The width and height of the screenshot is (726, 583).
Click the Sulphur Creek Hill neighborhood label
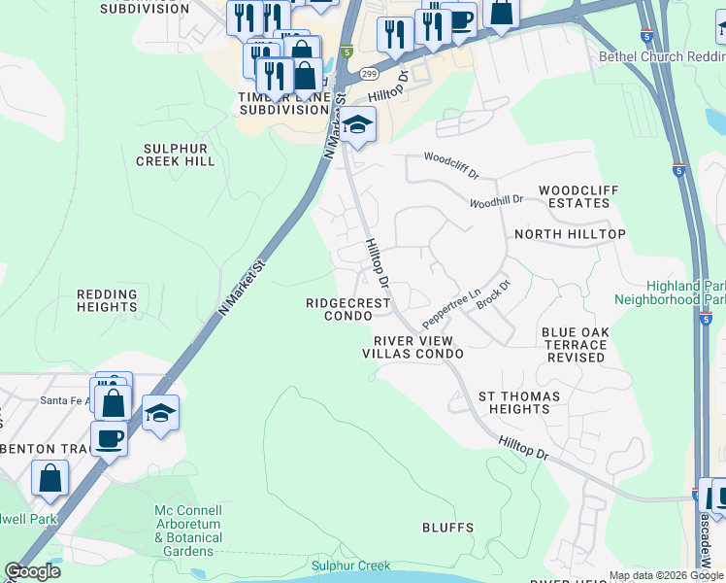176,154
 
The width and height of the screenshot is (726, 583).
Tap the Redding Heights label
107,300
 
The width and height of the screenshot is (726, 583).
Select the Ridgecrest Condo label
347,309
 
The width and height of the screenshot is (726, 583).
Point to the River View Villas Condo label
412,348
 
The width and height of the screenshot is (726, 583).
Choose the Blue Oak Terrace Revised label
576,345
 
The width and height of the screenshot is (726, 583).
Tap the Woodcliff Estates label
574,196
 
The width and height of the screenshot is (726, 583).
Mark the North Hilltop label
570,234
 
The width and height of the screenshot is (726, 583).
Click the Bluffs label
447,528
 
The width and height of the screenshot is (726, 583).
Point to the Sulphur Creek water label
350,566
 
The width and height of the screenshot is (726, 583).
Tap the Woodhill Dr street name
496,201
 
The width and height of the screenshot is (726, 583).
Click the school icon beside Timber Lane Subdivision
357,124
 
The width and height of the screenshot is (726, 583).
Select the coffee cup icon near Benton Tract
109,437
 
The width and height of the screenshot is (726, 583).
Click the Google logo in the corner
32,571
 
